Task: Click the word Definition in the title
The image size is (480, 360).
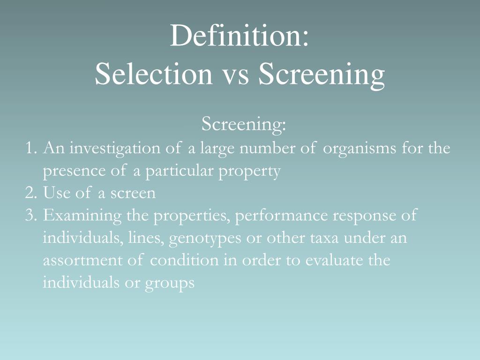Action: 232,37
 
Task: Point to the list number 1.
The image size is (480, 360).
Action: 30,149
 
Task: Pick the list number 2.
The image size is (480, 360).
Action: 30,193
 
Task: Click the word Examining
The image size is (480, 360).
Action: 82,217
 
